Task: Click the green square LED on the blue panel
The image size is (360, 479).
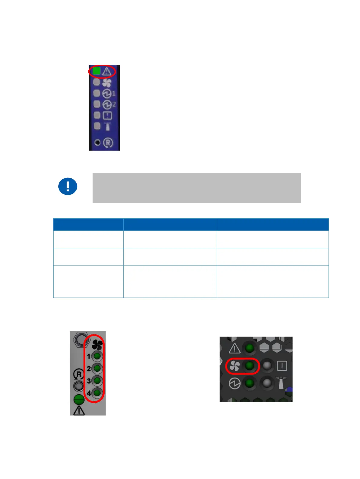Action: click(x=96, y=71)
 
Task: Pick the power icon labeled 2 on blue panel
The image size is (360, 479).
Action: click(x=107, y=105)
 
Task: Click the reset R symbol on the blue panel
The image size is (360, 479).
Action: click(x=108, y=143)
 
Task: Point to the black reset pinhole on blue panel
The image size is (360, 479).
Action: click(x=97, y=142)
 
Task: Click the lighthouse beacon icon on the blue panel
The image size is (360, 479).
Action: click(x=108, y=126)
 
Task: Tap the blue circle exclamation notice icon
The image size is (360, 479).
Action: click(x=68, y=186)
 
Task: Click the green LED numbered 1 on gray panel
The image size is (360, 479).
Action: click(x=97, y=356)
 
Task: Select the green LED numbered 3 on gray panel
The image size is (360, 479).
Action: click(x=97, y=380)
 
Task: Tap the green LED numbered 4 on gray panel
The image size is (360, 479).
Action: click(x=97, y=393)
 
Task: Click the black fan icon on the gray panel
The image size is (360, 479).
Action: click(x=97, y=344)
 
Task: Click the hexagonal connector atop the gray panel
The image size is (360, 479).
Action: click(x=80, y=340)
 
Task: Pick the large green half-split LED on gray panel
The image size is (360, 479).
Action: click(x=79, y=399)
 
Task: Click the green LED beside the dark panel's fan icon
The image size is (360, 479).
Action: click(x=249, y=366)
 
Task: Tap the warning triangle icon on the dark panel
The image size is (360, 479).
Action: click(x=234, y=348)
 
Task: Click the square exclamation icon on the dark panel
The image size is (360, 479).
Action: click(x=282, y=366)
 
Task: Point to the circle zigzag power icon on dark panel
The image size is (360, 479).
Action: click(x=234, y=383)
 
